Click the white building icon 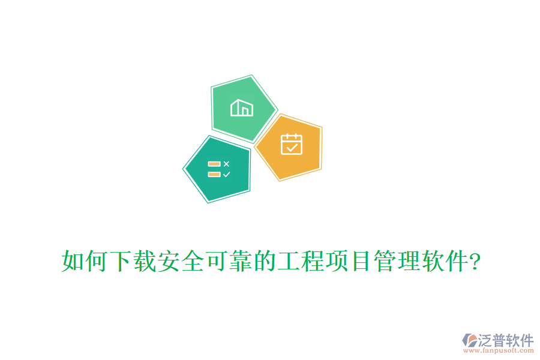[x=242, y=107]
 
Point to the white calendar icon [x=292, y=144]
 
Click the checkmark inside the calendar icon [x=292, y=146]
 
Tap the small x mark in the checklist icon [x=226, y=163]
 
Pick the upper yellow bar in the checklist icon [x=214, y=163]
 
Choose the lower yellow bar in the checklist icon [x=214, y=174]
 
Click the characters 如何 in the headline [x=84, y=262]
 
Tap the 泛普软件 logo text [x=505, y=340]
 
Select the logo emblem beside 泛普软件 [x=469, y=341]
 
